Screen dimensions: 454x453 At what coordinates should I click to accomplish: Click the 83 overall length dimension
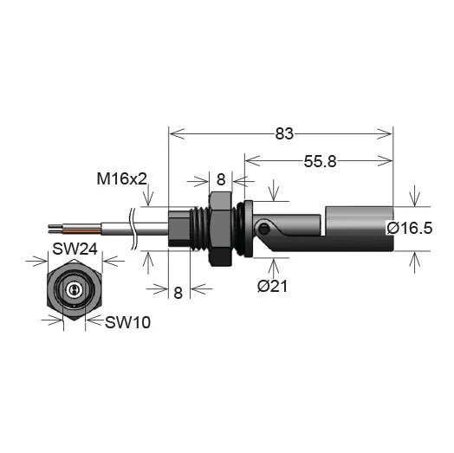coord(284,133)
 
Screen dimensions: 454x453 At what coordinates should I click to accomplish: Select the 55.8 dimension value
coord(320,161)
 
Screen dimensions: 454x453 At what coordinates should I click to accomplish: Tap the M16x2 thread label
coord(122,179)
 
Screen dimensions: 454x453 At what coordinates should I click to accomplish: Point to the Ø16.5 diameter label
coord(410,228)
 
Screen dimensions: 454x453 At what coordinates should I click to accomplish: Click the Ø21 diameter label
coord(272,287)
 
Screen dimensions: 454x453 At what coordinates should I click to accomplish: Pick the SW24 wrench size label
coord(75,249)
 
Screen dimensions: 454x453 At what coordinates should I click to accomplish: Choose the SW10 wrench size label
coord(127,322)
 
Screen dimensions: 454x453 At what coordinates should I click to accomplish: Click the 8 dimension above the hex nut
coord(221,179)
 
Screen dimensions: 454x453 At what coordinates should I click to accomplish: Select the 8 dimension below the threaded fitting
coord(178,293)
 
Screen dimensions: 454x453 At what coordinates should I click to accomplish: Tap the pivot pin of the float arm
coord(263,229)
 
